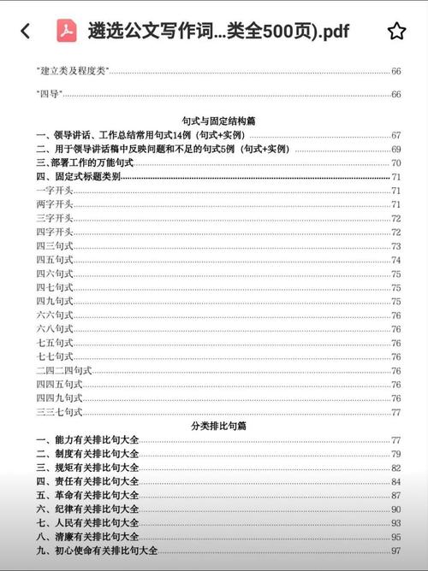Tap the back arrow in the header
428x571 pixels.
point(25,32)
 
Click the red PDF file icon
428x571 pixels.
point(67,32)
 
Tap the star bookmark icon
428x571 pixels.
point(396,32)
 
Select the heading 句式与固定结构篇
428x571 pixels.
point(214,121)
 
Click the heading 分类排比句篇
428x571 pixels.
point(214,425)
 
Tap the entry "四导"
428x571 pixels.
point(48,94)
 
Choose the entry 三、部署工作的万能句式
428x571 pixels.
point(85,162)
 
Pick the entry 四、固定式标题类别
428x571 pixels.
point(78,176)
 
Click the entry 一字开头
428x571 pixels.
point(54,190)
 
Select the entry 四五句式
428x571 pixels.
point(54,259)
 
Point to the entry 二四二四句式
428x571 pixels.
point(63,370)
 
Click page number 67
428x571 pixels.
point(395,135)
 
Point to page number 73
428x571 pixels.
point(395,245)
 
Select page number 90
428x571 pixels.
point(395,509)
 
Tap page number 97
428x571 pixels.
point(395,550)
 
